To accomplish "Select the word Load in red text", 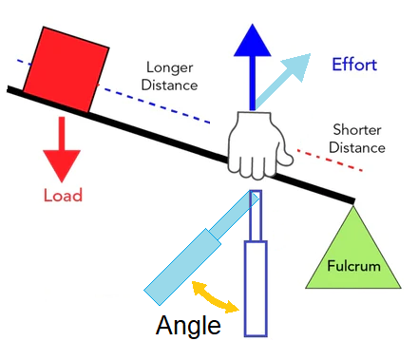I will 63,196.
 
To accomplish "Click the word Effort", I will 354,66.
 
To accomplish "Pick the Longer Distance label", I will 171,76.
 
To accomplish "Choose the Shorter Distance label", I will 358,139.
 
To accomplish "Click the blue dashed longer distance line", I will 161,106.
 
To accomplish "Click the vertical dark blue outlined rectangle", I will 256,285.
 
